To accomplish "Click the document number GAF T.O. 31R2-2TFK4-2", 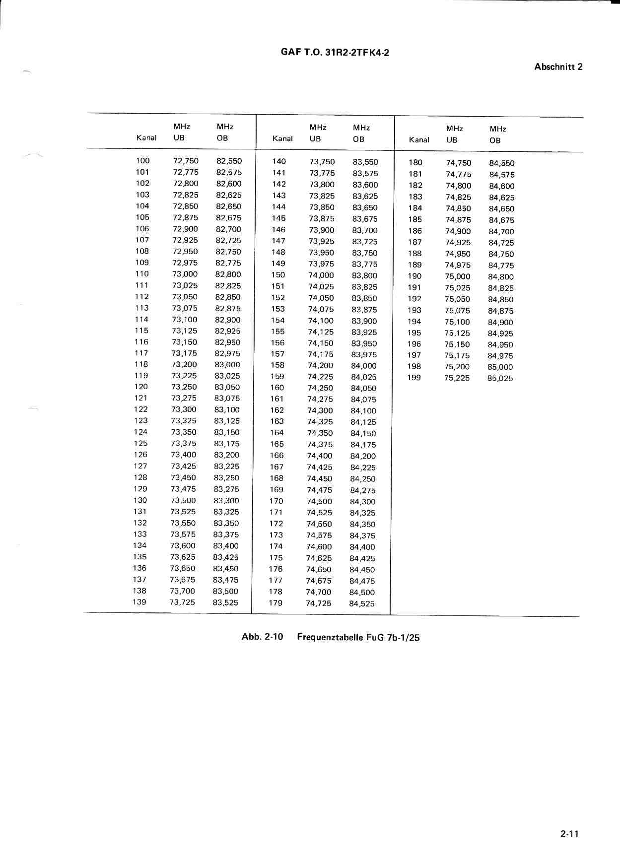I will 335,52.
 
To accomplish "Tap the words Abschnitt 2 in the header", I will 558,67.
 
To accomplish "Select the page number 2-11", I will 569,834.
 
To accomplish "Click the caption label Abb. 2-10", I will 262,637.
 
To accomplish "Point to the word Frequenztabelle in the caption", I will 330,637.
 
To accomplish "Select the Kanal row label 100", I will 142,160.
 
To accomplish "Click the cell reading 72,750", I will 186,160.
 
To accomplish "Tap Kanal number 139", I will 139,602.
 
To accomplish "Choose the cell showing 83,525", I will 225,602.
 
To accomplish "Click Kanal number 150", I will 278,275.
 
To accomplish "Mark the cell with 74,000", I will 321,275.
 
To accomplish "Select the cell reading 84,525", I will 362,603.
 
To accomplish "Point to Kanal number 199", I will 414,378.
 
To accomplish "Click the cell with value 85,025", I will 500,378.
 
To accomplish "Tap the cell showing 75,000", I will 457,276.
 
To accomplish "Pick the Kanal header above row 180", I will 418,140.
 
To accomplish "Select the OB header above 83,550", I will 358,139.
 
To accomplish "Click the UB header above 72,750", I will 179,138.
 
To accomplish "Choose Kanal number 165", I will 277,444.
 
